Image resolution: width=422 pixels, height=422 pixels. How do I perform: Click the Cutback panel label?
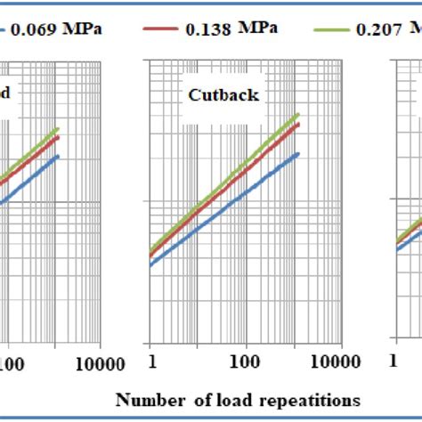(x=223, y=94)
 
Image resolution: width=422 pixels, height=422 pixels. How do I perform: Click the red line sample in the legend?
(x=161, y=28)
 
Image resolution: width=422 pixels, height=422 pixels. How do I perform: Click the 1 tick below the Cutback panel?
(x=151, y=363)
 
